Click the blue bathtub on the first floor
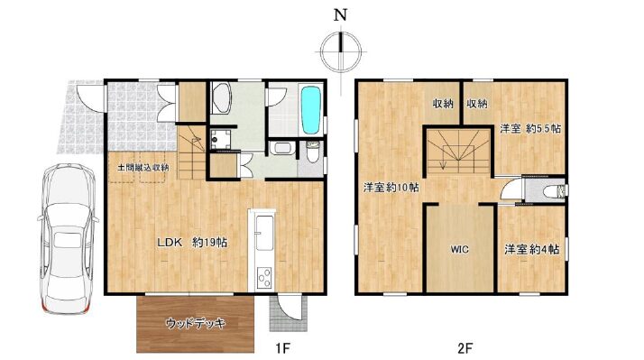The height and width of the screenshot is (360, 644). (310, 110)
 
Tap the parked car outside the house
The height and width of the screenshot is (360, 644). (68, 238)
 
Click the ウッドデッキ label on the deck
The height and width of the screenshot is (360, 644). (196, 323)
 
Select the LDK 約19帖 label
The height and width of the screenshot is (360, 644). (192, 243)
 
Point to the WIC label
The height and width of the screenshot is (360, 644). (460, 249)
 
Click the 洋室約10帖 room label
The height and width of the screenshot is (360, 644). (391, 188)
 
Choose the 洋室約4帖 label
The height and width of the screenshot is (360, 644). (531, 249)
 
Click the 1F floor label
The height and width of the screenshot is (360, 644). (282, 348)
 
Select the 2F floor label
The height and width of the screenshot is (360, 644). (465, 348)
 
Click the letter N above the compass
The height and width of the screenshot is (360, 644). (340, 15)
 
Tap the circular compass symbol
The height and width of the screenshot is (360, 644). (340, 51)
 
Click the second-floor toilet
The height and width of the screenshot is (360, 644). (555, 191)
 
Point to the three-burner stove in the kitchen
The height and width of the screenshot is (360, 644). (264, 277)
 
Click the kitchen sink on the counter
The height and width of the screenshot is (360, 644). (264, 233)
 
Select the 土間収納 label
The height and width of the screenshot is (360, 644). (143, 168)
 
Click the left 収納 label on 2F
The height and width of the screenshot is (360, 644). (442, 104)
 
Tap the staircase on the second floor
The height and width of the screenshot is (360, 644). (458, 152)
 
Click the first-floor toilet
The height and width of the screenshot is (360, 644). (313, 152)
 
